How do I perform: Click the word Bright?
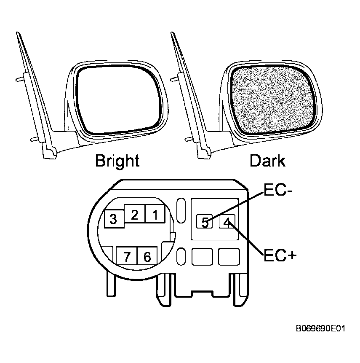coord(117,161)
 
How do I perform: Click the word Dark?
coord(267,161)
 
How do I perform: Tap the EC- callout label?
coord(278,191)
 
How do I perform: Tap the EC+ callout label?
coord(280,255)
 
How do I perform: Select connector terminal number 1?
coord(155,214)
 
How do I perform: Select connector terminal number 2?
coord(135,214)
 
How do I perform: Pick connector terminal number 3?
coord(114,219)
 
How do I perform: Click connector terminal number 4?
coord(227,221)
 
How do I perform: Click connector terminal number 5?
coord(204,222)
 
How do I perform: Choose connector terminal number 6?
coord(147,255)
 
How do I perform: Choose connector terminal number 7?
coord(127,255)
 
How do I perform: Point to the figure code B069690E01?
coord(320,328)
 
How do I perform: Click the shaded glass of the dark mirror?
coord(273,100)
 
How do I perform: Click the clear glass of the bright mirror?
coord(118,100)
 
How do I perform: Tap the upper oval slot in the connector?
coord(181,210)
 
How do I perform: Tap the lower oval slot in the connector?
coord(181,256)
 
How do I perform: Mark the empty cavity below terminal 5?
coord(202,256)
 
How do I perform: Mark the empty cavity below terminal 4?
coord(229,256)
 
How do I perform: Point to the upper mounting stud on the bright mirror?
coord(20,79)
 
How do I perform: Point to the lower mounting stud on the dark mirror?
coord(189,140)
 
